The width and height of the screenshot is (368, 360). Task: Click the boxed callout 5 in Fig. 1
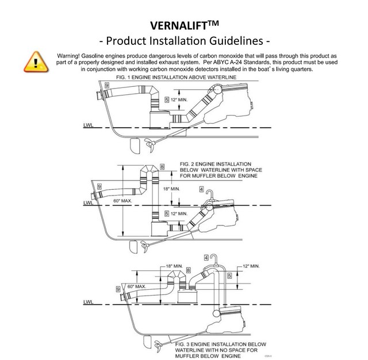[x=167, y=99]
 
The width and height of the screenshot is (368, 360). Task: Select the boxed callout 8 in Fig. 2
[x=162, y=167]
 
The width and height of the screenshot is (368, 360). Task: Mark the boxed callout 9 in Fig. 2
[x=99, y=186]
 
